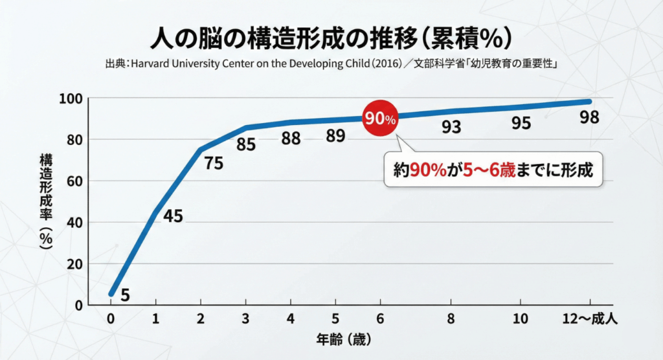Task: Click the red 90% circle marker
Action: pyautogui.click(x=381, y=118)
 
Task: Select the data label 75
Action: pyautogui.click(x=214, y=163)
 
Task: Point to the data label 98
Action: pyautogui.click(x=589, y=118)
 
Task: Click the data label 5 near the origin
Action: pyautogui.click(x=125, y=295)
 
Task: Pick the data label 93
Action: pyautogui.click(x=451, y=126)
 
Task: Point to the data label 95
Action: pyautogui.click(x=521, y=122)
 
